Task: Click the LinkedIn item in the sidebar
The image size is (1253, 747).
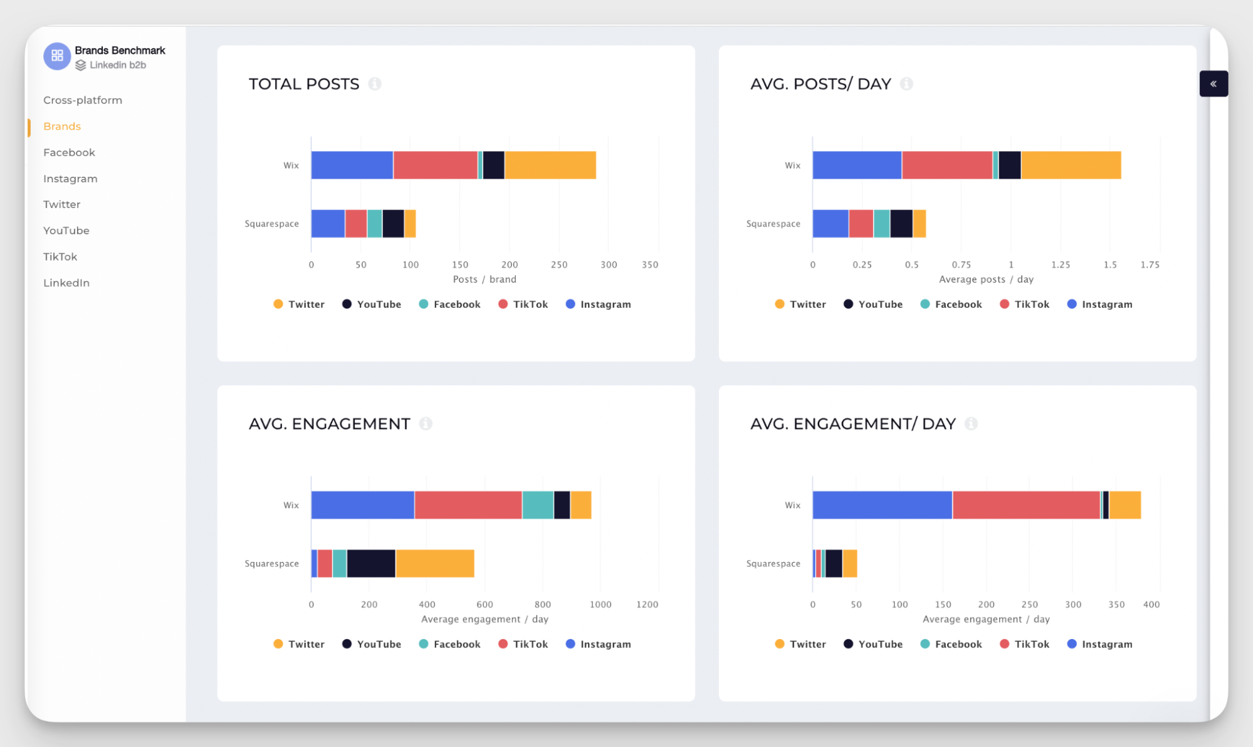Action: coord(66,283)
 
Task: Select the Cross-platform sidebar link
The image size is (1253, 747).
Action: coord(83,100)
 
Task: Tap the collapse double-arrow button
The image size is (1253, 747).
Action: coord(1213,84)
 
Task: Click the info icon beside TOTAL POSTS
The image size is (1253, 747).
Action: coord(375,84)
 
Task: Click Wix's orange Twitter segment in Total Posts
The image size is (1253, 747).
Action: coord(550,165)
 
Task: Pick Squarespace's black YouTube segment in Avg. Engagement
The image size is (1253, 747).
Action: coord(371,563)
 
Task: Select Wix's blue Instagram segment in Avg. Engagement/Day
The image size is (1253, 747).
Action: coord(882,505)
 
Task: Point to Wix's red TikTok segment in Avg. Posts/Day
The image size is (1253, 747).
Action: coord(946,165)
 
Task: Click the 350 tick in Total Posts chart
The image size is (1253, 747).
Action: coord(650,265)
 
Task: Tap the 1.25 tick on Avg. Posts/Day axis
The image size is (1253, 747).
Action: coord(1061,265)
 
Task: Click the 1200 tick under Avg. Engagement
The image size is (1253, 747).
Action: coord(647,605)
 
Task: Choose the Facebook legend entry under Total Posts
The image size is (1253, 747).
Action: coord(449,305)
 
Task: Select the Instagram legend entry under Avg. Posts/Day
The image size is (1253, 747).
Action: coord(1100,305)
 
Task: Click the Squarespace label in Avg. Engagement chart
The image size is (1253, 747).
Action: coord(271,563)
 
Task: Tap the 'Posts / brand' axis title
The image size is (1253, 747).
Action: coord(485,279)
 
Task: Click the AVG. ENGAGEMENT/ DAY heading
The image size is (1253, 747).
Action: coord(852,424)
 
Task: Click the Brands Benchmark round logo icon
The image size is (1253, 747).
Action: coord(57,56)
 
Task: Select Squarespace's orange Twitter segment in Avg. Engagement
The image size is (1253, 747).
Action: coord(434,563)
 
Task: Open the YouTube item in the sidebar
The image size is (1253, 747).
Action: coord(66,231)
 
